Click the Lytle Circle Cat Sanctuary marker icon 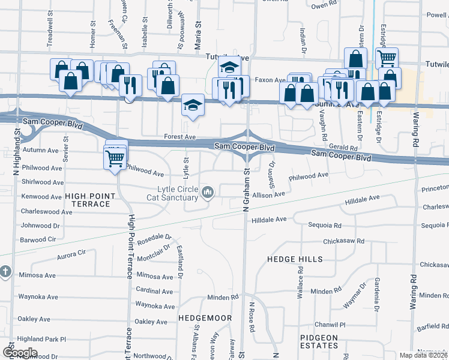[x=208, y=192]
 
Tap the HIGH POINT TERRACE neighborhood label [x=88, y=200]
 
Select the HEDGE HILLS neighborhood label [x=291, y=259]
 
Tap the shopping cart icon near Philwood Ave [x=115, y=159]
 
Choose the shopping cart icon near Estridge [x=387, y=58]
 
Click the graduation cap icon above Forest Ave [x=193, y=106]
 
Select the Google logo [x=20, y=353]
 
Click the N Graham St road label [x=246, y=190]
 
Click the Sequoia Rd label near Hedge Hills [x=325, y=226]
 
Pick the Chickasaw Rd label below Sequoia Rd [x=344, y=241]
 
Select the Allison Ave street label [x=268, y=194]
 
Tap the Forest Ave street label [x=180, y=137]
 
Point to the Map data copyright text [x=424, y=355]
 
